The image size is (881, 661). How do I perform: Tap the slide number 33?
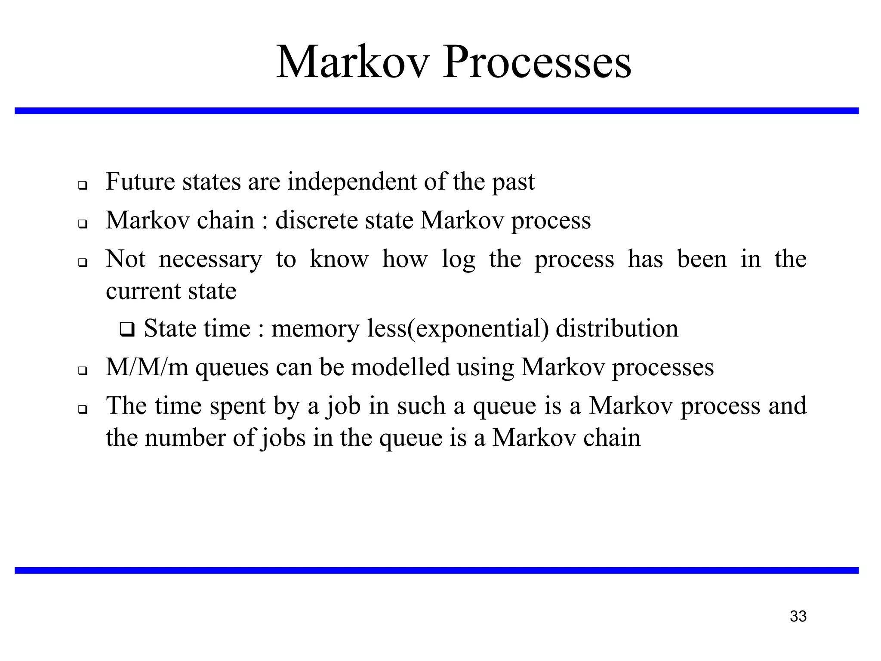798,616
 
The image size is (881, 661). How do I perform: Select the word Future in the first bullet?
140,181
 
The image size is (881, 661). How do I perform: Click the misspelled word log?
458,260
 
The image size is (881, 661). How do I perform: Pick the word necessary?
210,260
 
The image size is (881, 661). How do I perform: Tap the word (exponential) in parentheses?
478,329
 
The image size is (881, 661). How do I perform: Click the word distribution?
617,329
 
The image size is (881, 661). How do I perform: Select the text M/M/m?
147,368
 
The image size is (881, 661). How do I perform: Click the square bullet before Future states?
83,186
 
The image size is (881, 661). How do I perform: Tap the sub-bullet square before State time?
127,330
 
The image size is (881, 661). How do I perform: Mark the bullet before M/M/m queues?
83,371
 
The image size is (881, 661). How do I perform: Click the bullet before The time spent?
83,410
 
